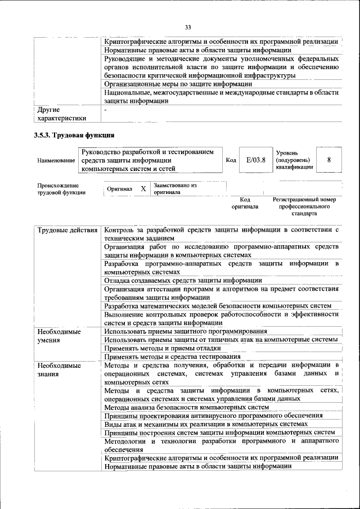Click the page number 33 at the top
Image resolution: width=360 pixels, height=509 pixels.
(188, 27)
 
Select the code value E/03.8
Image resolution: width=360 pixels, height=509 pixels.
(256, 160)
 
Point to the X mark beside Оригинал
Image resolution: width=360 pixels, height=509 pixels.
(143, 188)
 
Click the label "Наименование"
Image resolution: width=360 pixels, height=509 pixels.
(56, 160)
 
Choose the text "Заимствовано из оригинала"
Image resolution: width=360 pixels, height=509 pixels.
(175, 188)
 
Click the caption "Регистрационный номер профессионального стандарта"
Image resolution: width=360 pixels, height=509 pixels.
(304, 206)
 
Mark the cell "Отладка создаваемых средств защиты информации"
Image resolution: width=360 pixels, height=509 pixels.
(183, 280)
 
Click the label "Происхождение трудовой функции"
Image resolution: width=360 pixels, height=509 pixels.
(61, 188)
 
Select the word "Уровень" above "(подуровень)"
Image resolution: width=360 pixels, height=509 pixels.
(287, 153)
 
